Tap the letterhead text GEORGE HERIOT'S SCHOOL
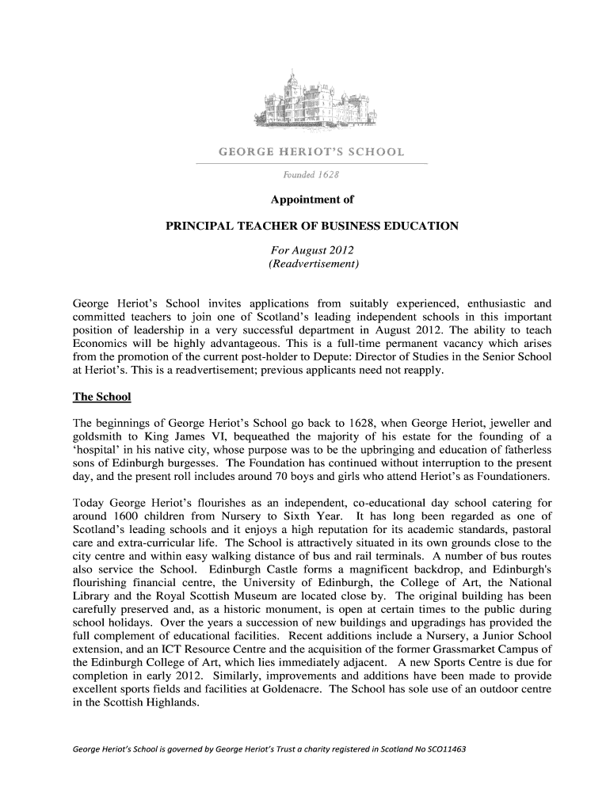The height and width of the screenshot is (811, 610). pos(311,151)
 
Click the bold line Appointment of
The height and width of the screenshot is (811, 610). pos(311,200)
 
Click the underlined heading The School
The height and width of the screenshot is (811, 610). pos(101,396)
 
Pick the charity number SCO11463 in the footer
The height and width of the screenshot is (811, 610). pos(445,748)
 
